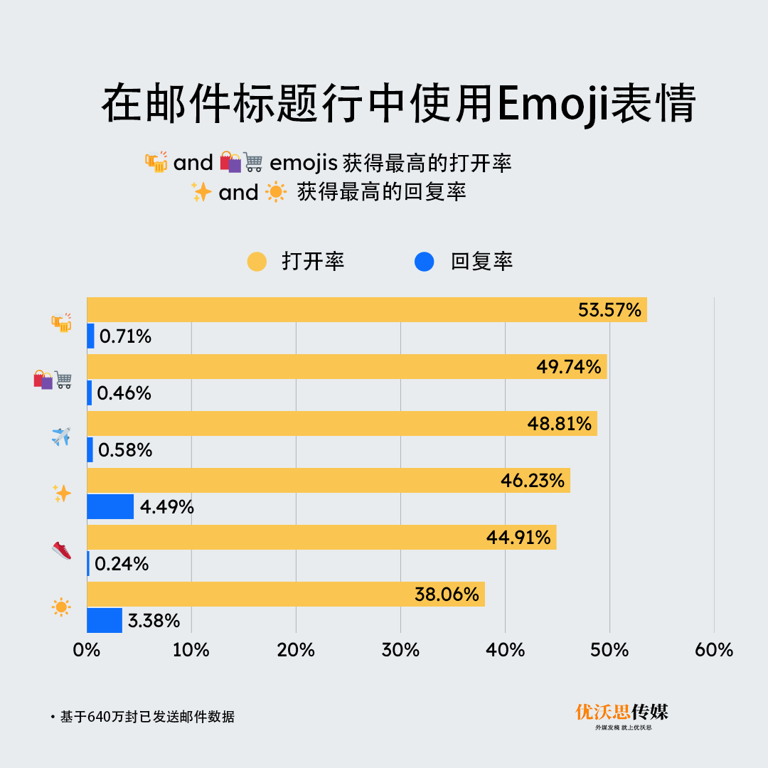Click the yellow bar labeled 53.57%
[366, 310]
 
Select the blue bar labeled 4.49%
[110, 506]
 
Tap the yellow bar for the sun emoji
[284, 594]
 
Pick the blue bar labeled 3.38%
[105, 620]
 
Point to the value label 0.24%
[122, 564]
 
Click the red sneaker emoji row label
[62, 550]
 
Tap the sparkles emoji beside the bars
[62, 494]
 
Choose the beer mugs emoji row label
[62, 323]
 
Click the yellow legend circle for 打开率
[257, 262]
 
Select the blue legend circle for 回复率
[424, 262]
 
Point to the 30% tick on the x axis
[400, 650]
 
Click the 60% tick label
[714, 650]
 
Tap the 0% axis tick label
[87, 650]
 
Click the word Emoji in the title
[552, 105]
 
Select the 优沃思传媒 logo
[622, 714]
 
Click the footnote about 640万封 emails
[146, 717]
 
